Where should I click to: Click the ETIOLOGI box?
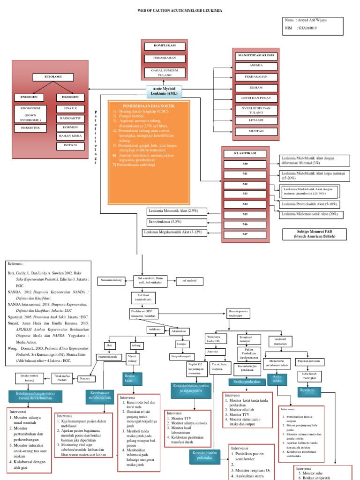pos(52,77)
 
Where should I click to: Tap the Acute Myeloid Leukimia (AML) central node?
pos(164,91)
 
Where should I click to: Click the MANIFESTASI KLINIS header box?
pos(256,56)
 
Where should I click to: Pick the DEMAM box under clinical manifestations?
pos(256,88)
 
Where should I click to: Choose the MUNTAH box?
pos(256,132)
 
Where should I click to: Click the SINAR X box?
pos(70,108)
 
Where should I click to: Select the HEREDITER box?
pos(30,127)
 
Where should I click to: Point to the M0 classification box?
pos(245,164)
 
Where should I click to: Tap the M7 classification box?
pos(245,234)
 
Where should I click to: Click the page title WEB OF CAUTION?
pos(180,10)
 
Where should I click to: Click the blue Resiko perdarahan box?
pos(247,382)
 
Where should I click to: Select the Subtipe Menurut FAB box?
pos(314,234)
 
